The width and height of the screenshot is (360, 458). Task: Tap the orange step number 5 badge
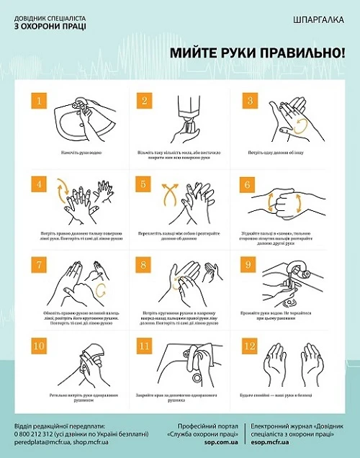(x=144, y=184)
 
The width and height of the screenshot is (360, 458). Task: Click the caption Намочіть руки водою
(x=74, y=153)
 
